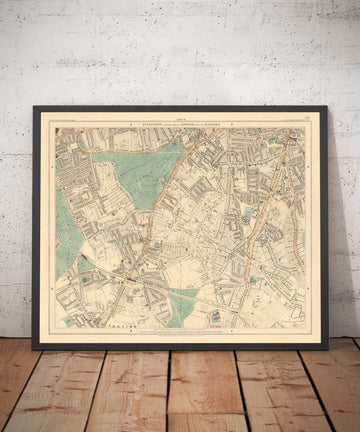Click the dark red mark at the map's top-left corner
(x=57, y=129)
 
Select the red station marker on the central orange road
(x=131, y=269)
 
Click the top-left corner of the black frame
(x=33, y=107)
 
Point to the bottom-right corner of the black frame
(x=327, y=348)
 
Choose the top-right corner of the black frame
(x=327, y=107)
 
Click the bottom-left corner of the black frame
(x=33, y=348)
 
